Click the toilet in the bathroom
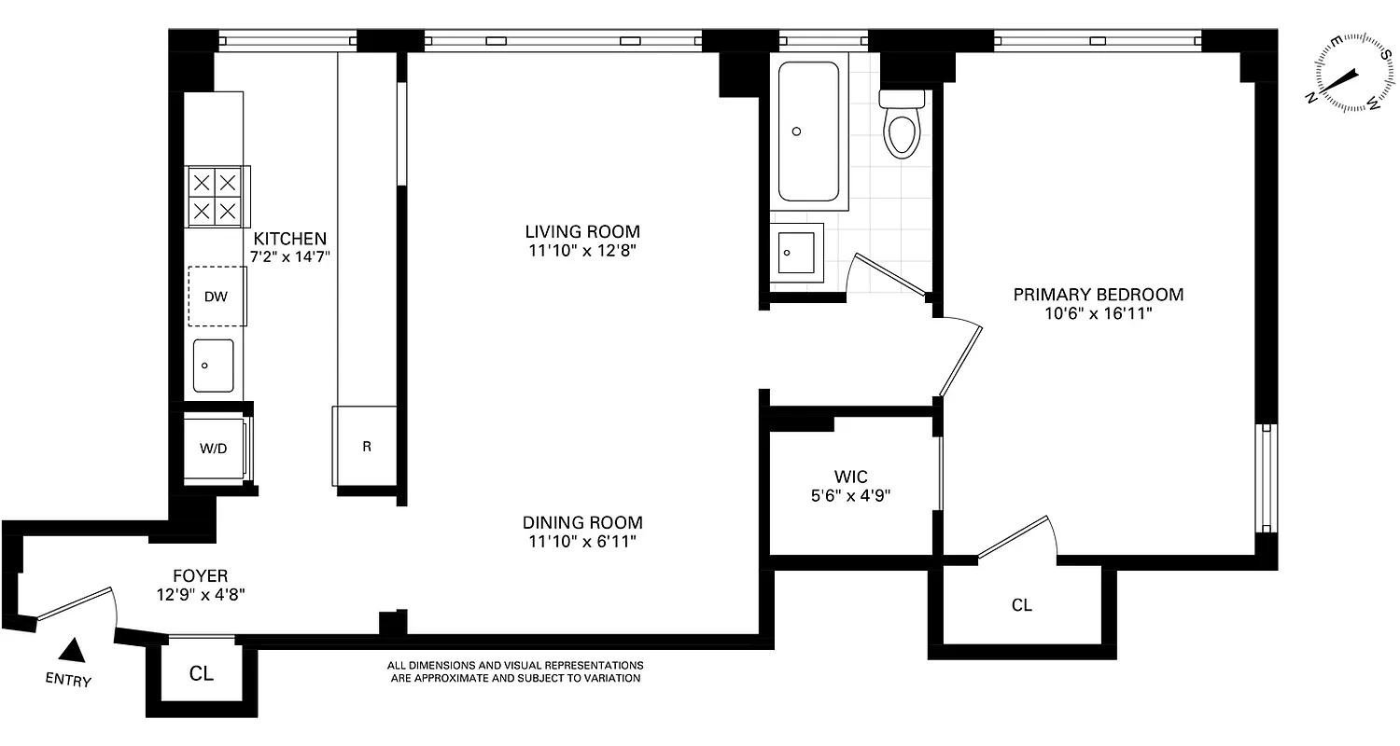tap(903, 127)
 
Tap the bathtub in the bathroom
tap(808, 131)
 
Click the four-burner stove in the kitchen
tap(215, 196)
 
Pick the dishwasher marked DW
tap(217, 297)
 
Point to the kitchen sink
tap(214, 366)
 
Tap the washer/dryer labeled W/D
tap(214, 449)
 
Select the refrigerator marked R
tap(367, 447)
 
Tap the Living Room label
tap(582, 231)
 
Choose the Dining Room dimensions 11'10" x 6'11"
tap(582, 541)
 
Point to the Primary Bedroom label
tap(1099, 295)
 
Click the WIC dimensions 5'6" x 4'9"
tap(852, 496)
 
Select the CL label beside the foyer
tap(202, 673)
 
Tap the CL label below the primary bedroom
tap(1022, 605)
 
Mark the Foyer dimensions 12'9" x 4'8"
tap(201, 593)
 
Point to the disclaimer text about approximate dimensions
tap(515, 671)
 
